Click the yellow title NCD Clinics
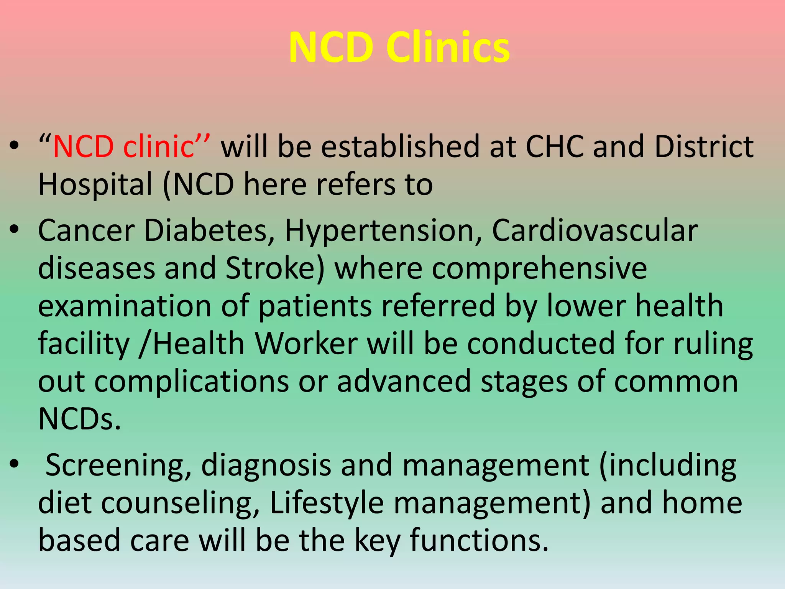tap(399, 48)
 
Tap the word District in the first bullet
tap(704, 147)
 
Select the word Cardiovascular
tap(594, 231)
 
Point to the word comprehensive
tap(539, 268)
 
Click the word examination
tap(125, 306)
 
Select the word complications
tap(192, 382)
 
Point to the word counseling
tap(180, 503)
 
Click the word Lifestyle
tap(327, 503)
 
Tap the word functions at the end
tap(479, 540)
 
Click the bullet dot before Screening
tap(15, 464)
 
